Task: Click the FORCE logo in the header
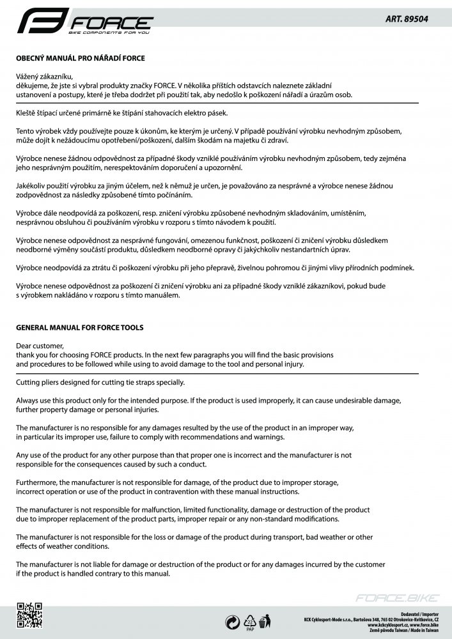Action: [86, 24]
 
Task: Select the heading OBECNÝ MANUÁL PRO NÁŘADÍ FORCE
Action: [81, 58]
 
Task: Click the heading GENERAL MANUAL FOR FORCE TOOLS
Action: [79, 328]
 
